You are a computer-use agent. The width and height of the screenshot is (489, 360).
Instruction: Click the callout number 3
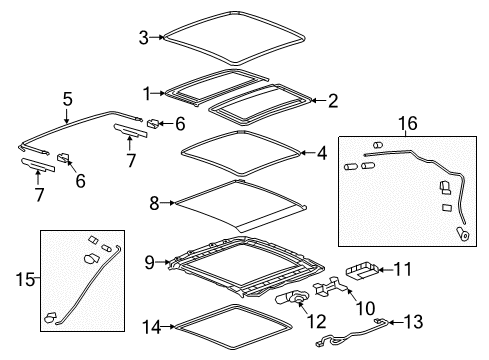[144, 38]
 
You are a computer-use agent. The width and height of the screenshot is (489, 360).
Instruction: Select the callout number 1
[147, 93]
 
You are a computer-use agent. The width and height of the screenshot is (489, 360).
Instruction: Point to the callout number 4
[321, 154]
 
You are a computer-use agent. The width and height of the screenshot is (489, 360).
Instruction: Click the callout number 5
[67, 99]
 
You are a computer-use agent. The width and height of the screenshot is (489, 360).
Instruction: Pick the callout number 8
[154, 201]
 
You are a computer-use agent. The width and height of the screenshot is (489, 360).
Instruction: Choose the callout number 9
[149, 263]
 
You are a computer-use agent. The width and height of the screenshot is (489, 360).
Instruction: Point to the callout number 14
[151, 325]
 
